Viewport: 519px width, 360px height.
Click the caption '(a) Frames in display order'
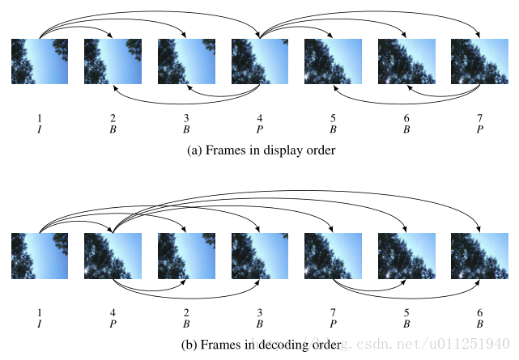[x=259, y=150]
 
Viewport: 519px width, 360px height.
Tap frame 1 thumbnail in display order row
[x=40, y=61]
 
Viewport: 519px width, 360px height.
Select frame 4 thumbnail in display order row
[x=260, y=61]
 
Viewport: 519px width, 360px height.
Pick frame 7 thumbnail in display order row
[x=479, y=61]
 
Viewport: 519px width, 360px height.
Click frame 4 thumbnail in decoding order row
[x=113, y=256]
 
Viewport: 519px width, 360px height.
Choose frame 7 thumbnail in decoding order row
[x=333, y=256]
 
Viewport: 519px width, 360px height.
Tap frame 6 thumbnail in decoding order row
[x=479, y=256]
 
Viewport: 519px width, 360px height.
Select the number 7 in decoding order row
[x=333, y=312]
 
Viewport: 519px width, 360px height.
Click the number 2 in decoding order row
[x=186, y=312]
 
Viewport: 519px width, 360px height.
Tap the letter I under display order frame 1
[x=40, y=129]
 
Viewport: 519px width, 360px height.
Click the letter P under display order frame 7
[x=479, y=129]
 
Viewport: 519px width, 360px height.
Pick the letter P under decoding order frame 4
[x=113, y=324]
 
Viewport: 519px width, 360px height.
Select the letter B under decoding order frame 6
[x=479, y=324]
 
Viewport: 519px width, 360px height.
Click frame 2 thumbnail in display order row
[x=113, y=61]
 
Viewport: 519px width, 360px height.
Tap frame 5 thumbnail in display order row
[x=333, y=61]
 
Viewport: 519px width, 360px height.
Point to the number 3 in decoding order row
[x=260, y=312]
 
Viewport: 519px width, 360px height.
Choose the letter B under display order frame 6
[x=406, y=129]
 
